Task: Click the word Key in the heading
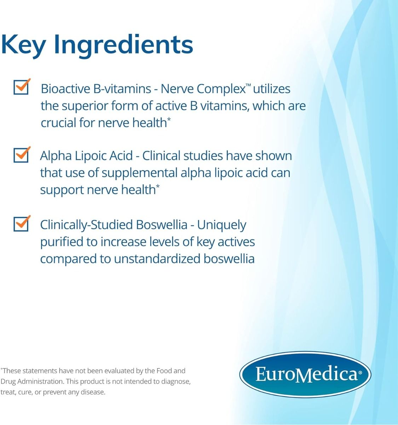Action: point(23,45)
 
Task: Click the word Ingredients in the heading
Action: point(123,45)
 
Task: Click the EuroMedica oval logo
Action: point(305,374)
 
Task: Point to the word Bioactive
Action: point(65,89)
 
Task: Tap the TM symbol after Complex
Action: point(248,85)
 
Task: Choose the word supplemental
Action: point(139,173)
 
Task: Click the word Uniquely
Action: point(221,225)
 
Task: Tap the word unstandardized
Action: point(157,259)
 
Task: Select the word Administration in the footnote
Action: point(41,381)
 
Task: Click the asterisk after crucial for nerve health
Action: point(169,119)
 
